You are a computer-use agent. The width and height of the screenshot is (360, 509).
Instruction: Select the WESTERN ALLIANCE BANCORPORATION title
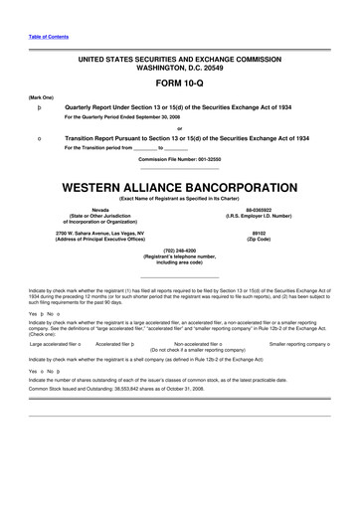pyautogui.click(x=179, y=187)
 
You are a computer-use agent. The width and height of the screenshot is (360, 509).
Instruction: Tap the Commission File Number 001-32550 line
pyautogui.click(x=179, y=159)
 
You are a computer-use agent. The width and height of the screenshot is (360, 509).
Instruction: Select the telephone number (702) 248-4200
pyautogui.click(x=180, y=251)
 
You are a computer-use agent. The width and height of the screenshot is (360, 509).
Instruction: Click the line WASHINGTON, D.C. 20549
pyautogui.click(x=179, y=67)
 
